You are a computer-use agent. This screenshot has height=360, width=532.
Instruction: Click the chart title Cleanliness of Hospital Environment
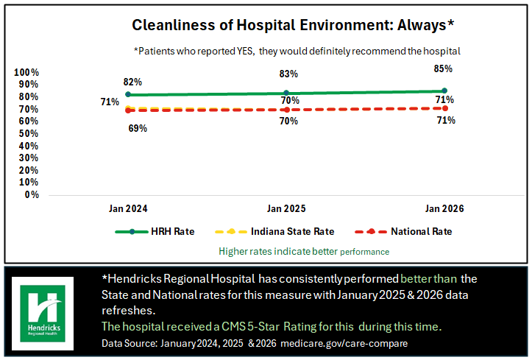point(293,25)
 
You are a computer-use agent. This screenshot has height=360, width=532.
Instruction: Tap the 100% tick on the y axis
point(26,72)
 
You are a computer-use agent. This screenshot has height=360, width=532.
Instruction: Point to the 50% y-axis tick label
point(29,133)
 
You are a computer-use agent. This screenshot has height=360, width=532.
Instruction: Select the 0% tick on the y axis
point(32,194)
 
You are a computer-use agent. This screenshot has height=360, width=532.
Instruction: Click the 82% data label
point(132,82)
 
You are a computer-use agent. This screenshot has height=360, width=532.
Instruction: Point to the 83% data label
point(288,74)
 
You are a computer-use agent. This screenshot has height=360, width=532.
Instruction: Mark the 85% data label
point(443,68)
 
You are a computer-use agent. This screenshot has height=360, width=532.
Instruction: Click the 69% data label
point(138,128)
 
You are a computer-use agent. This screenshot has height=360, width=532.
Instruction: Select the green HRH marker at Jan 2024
point(128,94)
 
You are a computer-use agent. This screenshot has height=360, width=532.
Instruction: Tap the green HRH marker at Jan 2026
point(444,91)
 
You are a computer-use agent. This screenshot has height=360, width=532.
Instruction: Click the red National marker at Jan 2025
point(287,110)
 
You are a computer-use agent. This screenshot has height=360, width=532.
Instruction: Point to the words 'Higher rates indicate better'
point(278,251)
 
